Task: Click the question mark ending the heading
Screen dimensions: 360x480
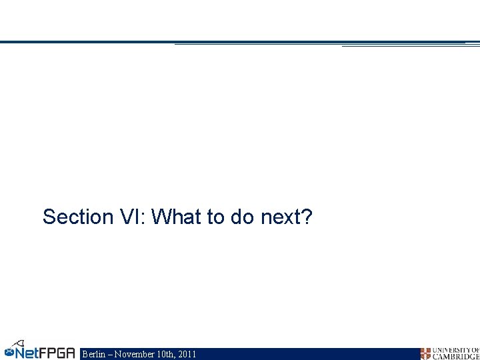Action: (x=306, y=217)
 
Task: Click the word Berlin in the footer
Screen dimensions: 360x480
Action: (x=93, y=354)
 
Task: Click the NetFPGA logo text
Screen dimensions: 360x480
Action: (x=45, y=352)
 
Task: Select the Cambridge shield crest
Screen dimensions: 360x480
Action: (x=425, y=353)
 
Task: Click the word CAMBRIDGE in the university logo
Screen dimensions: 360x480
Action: (x=456, y=357)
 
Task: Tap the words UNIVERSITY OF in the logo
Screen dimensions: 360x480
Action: (x=456, y=350)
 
